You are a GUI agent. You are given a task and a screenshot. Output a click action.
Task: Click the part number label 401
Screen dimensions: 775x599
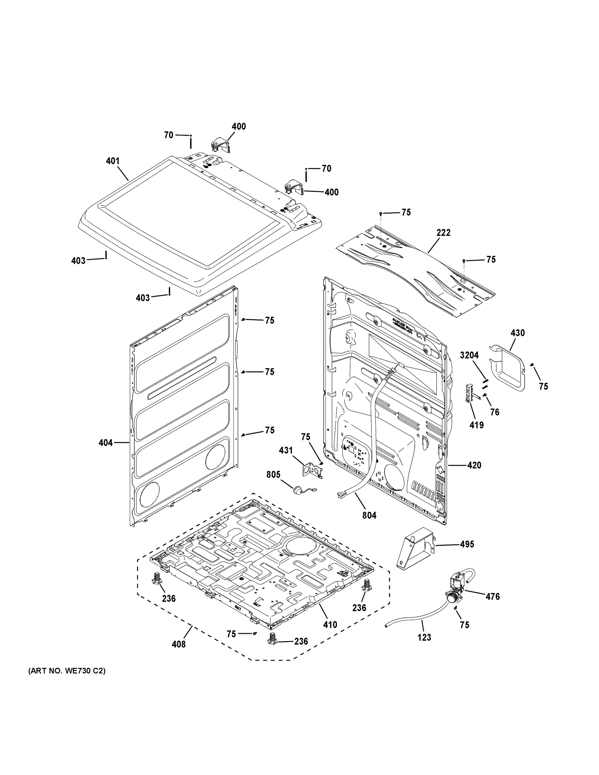[112, 161]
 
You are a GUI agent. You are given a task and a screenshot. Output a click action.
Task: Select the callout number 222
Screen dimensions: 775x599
[443, 232]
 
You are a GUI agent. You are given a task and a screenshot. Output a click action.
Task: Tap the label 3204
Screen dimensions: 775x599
[469, 355]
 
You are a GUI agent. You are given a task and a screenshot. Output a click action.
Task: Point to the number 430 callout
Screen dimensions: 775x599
[517, 333]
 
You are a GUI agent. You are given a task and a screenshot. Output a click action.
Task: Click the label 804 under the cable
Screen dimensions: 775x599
[369, 515]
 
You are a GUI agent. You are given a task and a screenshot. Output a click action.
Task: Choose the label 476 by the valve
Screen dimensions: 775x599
[492, 596]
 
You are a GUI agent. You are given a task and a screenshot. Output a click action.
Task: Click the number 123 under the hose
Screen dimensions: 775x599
[424, 637]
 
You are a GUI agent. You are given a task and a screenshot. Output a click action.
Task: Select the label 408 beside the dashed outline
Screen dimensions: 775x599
[179, 644]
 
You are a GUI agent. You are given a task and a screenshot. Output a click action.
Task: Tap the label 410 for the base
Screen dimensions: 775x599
[330, 625]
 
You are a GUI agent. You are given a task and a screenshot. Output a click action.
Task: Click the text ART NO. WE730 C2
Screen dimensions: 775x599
[67, 671]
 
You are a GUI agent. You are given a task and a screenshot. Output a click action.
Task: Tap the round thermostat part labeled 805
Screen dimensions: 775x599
[297, 490]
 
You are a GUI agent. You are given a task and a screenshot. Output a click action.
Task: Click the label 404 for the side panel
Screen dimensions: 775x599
[105, 442]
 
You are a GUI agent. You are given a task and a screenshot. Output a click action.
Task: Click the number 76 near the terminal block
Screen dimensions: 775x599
[494, 412]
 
